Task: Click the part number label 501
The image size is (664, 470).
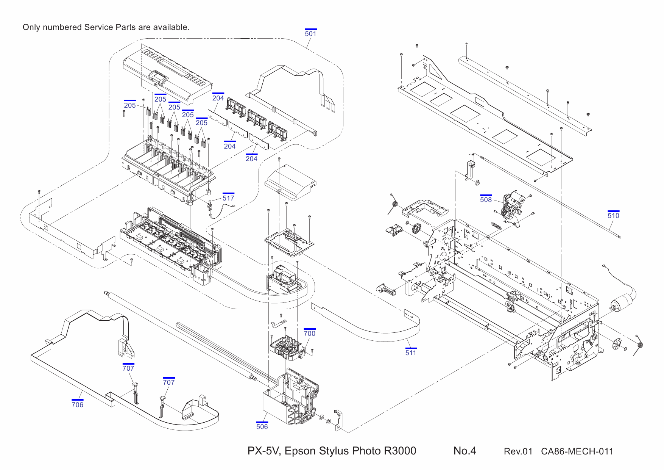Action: (x=310, y=33)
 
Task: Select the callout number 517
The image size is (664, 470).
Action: (x=228, y=198)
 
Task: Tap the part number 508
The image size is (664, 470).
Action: (x=486, y=199)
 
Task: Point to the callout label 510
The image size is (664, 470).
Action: (x=613, y=215)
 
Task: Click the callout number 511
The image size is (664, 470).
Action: (x=411, y=352)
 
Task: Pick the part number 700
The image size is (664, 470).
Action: (x=309, y=333)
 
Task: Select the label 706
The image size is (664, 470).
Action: (x=77, y=404)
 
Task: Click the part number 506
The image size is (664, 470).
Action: (x=262, y=426)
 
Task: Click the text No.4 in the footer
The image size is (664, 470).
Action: (x=464, y=451)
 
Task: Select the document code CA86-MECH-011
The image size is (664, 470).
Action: (x=577, y=451)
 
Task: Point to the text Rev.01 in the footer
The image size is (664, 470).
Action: (x=517, y=451)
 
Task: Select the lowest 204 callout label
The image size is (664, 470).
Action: (x=251, y=158)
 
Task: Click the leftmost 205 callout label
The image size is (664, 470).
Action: (x=130, y=105)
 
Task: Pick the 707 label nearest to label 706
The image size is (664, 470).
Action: (x=128, y=368)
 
